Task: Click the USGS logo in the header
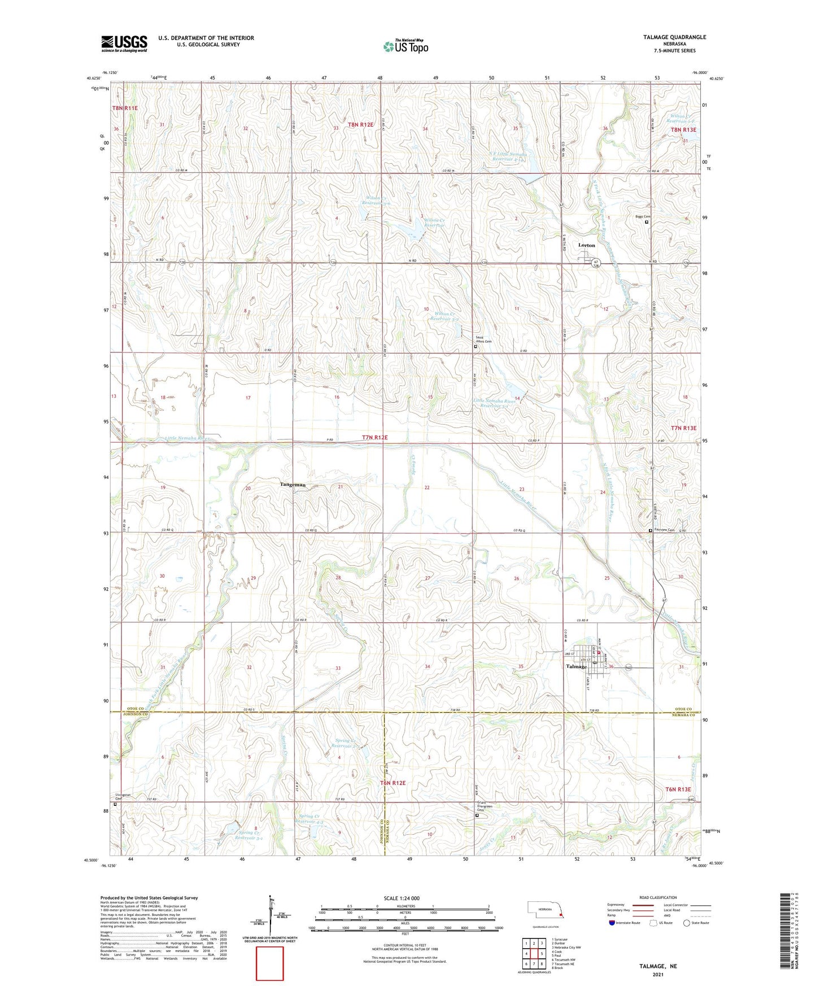click(124, 43)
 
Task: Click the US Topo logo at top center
click(405, 46)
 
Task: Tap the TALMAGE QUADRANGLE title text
click(674, 37)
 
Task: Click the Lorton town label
click(586, 245)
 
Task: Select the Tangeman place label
click(293, 485)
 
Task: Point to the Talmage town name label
click(576, 666)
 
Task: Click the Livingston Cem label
click(123, 797)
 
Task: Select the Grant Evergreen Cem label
click(485, 806)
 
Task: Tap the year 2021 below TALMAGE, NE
click(658, 974)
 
